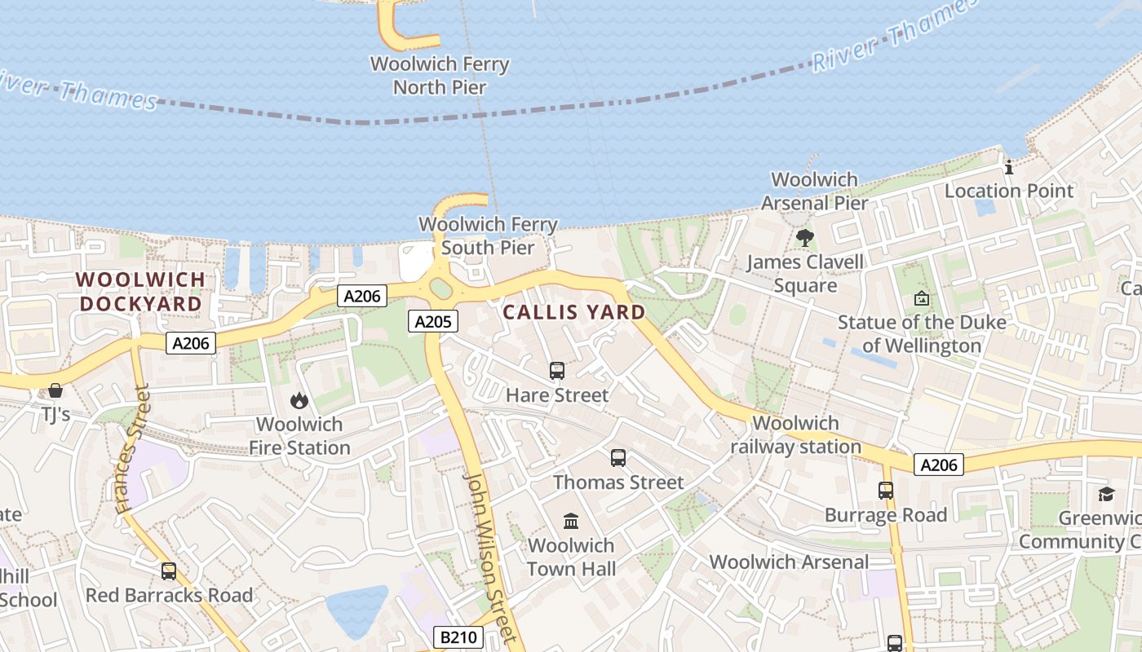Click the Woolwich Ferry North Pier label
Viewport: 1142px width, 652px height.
440,75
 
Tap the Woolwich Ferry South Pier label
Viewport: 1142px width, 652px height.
488,236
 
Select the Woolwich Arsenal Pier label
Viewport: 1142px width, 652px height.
815,191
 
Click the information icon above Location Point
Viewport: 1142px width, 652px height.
1009,167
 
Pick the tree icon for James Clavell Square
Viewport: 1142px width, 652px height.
805,238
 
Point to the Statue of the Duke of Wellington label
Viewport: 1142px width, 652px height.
922,333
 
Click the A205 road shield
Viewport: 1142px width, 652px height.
433,321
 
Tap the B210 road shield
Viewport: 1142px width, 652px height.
458,637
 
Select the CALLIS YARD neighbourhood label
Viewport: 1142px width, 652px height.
574,312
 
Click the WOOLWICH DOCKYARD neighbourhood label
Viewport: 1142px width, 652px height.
140,292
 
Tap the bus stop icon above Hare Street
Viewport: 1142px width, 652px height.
557,371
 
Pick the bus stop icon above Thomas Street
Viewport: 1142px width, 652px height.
618,458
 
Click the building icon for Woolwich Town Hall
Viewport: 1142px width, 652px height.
571,521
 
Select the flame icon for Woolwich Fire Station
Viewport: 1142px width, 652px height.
299,400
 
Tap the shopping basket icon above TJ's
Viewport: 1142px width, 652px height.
55,390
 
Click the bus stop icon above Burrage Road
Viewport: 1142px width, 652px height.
886,491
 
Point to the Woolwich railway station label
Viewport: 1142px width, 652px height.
795,435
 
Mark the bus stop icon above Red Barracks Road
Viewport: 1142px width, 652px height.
169,571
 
